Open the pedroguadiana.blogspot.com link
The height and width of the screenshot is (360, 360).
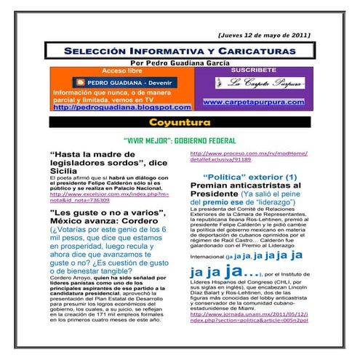coord(119,107)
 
